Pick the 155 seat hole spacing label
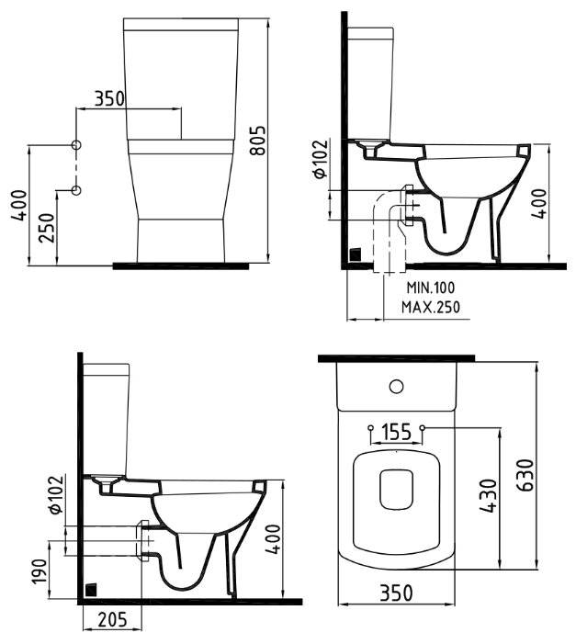(395, 432)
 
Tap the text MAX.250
(433, 307)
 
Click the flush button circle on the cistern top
(397, 386)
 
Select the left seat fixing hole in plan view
(369, 428)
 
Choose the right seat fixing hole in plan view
(423, 428)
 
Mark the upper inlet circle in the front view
(76, 145)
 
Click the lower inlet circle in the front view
(76, 190)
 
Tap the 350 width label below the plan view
(396, 593)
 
